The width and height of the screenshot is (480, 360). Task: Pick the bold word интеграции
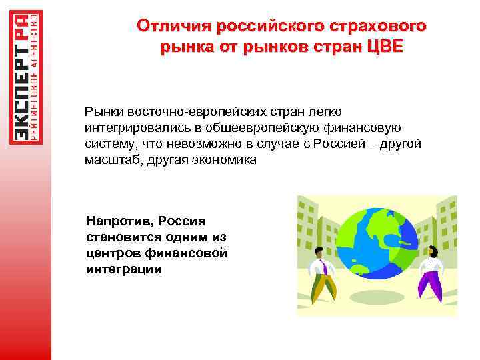(124, 269)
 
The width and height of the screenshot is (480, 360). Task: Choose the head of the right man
(433, 251)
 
